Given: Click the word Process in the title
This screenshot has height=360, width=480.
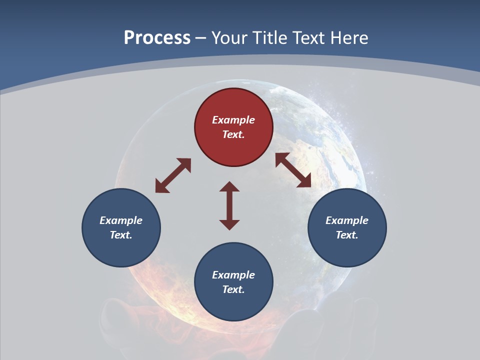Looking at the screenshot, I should coord(157,38).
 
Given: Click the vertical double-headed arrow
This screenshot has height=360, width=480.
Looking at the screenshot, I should coord(229,205).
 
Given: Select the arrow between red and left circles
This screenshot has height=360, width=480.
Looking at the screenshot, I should coord(173,175).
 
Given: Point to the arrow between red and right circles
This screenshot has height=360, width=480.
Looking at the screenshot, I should coord(293,170).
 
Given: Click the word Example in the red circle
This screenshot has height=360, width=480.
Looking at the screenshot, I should coord(233,120).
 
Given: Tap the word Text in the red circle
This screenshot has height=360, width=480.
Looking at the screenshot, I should coord(233,134).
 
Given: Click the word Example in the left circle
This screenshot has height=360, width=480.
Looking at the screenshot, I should coord(121,220).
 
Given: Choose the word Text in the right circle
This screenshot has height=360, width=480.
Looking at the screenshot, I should coord(347,235).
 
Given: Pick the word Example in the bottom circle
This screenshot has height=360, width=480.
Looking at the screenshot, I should coord(233,275).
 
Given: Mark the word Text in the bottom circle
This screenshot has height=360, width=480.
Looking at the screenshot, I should coord(233,289).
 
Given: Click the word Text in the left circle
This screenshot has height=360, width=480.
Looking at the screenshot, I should coord(121,235).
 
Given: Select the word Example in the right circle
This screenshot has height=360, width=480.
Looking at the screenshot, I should coord(347,220).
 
